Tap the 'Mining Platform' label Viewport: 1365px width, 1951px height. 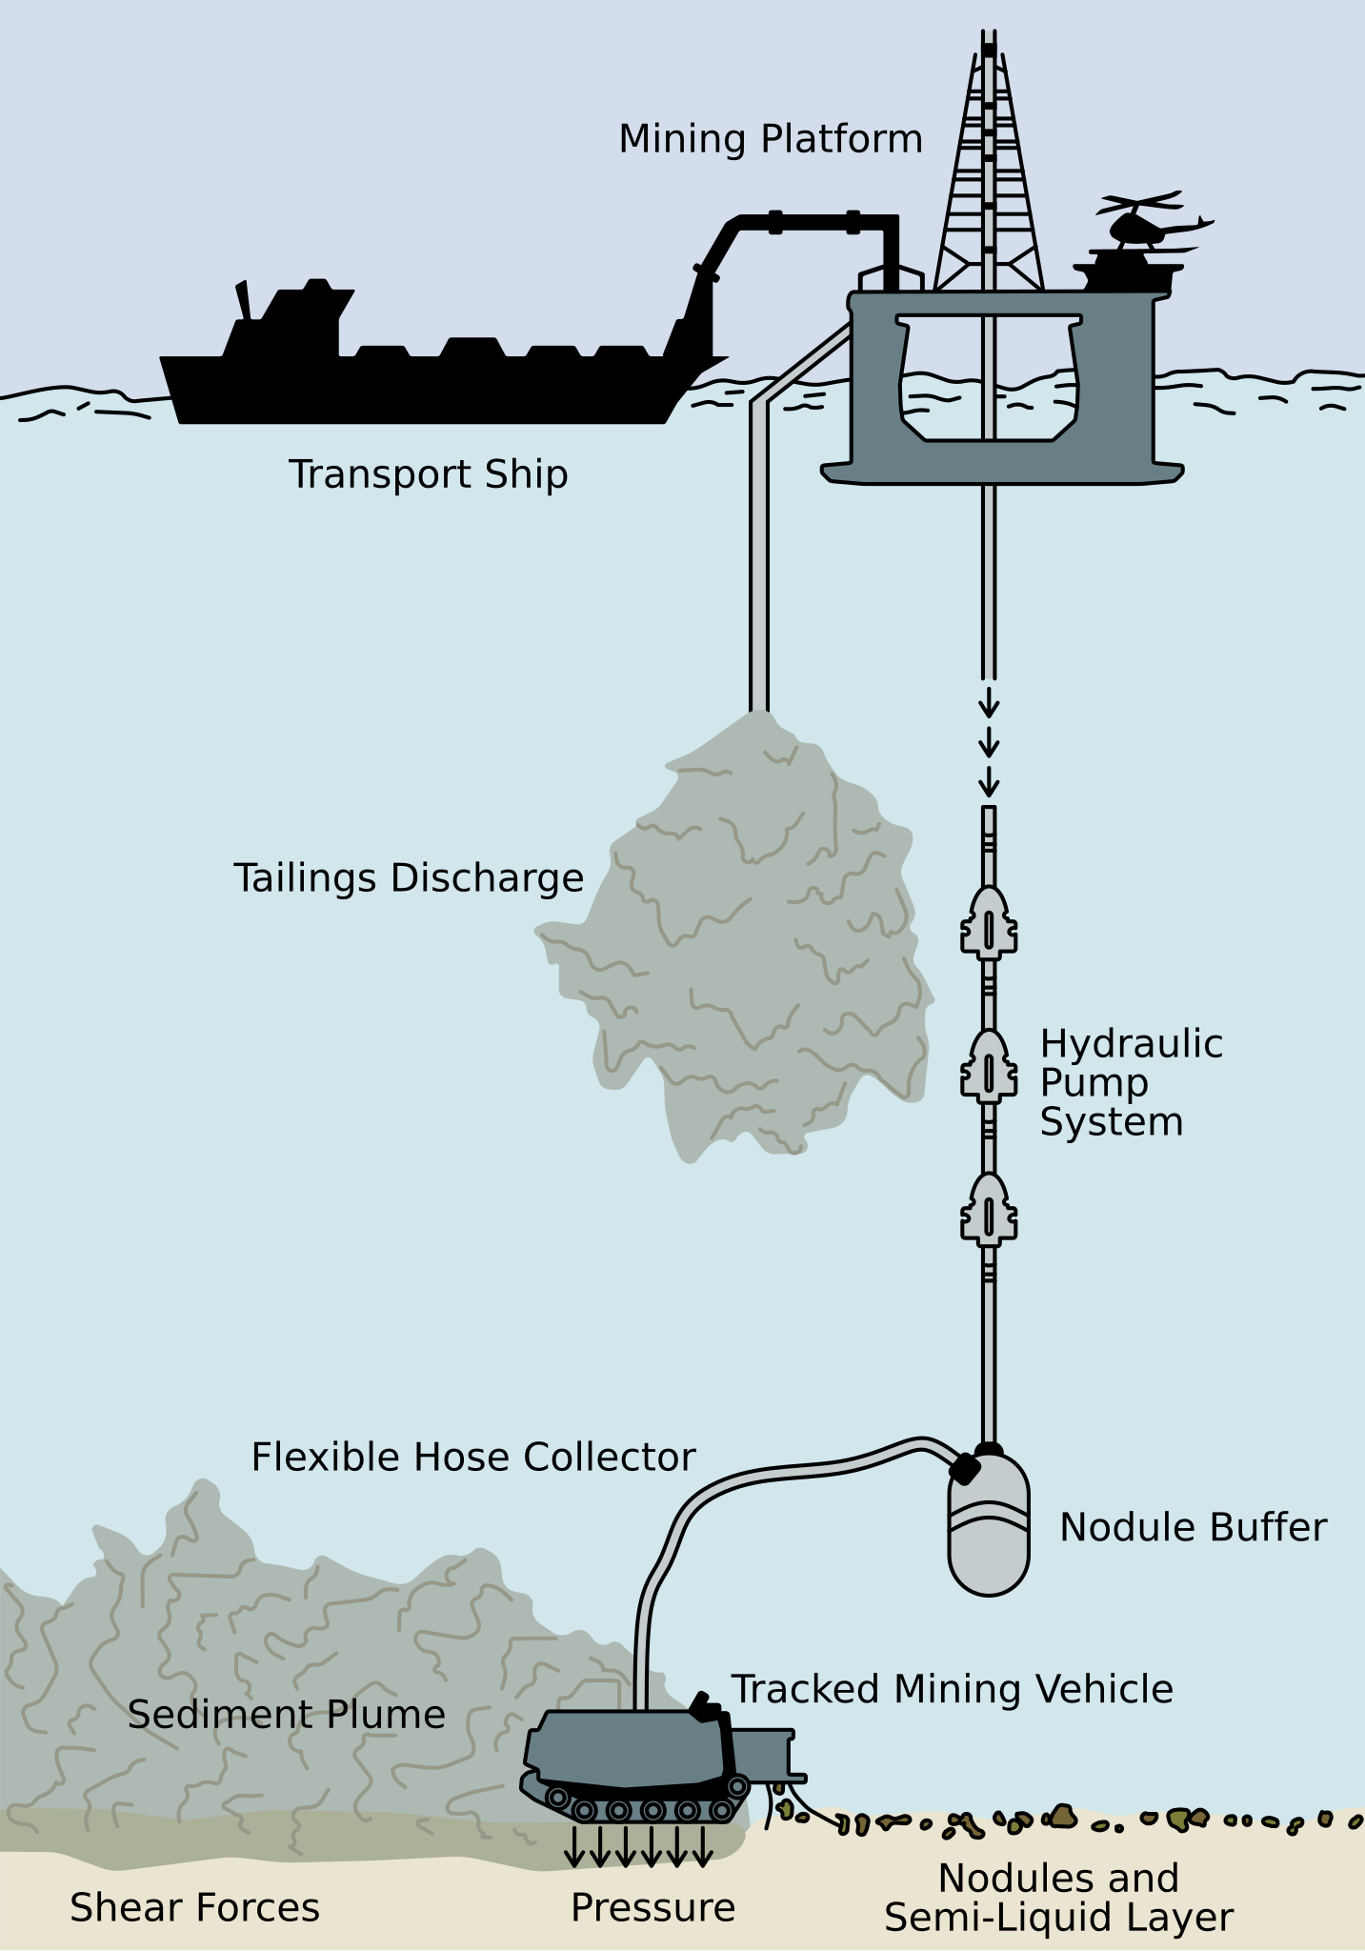pyautogui.click(x=771, y=139)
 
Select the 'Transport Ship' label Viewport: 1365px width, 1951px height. pyautogui.click(x=429, y=474)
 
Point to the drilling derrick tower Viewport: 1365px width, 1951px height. pyautogui.click(x=989, y=171)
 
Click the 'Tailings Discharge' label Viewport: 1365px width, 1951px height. pyautogui.click(x=409, y=877)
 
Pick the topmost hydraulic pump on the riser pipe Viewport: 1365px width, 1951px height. pyautogui.click(x=989, y=921)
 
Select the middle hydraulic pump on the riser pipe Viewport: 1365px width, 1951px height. pyautogui.click(x=989, y=1066)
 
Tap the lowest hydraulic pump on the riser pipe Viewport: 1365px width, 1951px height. pyautogui.click(x=989, y=1209)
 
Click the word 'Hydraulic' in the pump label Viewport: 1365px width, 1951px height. pyautogui.click(x=1131, y=1044)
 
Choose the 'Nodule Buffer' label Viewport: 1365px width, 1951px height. pyautogui.click(x=1193, y=1527)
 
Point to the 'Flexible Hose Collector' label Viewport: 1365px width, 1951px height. pyautogui.click(x=473, y=1458)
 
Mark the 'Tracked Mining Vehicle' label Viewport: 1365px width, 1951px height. pyautogui.click(x=952, y=1690)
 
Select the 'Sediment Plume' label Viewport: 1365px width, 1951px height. pyautogui.click(x=287, y=1715)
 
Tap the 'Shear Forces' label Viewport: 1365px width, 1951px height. pyautogui.click(x=195, y=1908)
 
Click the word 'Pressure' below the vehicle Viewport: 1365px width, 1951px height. pyautogui.click(x=653, y=1908)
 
